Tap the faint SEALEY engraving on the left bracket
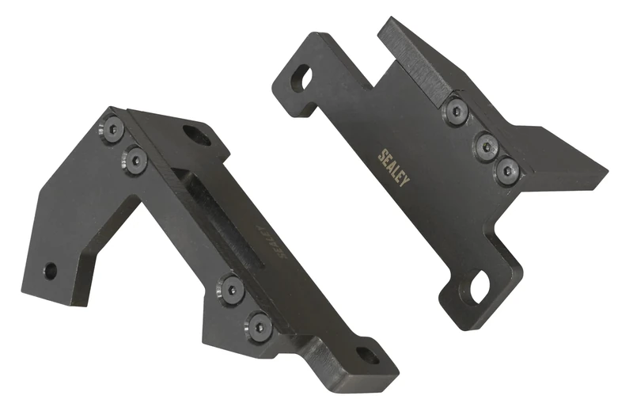pos(268,242)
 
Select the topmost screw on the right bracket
pos(455,112)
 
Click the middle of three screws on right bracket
pos(485,145)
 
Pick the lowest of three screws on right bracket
pos(506,170)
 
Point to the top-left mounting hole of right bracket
pos(301,78)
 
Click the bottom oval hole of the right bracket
pos(479,287)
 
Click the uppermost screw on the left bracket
pos(112,127)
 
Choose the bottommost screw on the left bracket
pos(258,325)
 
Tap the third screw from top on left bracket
pos(231,288)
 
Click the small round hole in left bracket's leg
pos(50,271)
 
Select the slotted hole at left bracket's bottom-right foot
pos(367,356)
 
